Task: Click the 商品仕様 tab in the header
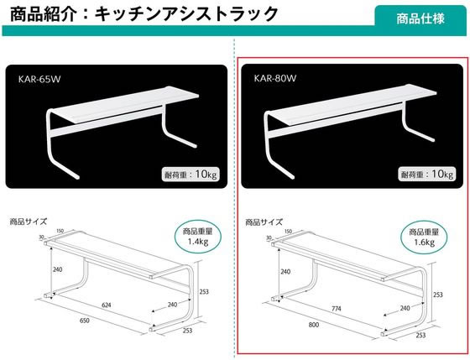point(420,18)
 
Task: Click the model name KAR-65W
point(39,79)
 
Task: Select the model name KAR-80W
point(275,78)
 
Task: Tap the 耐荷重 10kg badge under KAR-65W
point(191,175)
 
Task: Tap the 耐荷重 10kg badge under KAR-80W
point(427,174)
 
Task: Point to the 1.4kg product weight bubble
point(197,237)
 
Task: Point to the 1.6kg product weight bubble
point(424,237)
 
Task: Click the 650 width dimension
point(85,321)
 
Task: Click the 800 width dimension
point(314,324)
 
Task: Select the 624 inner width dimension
point(106,305)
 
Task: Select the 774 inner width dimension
point(336,309)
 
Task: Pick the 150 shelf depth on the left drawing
point(60,231)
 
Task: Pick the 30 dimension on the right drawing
point(269,237)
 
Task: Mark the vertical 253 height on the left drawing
point(204,291)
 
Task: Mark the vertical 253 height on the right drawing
point(437,295)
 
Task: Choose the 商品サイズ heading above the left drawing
point(29,222)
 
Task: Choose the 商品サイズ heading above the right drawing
point(264,222)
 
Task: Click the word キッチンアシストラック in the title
point(186,14)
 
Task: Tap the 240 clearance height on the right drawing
point(285,272)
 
